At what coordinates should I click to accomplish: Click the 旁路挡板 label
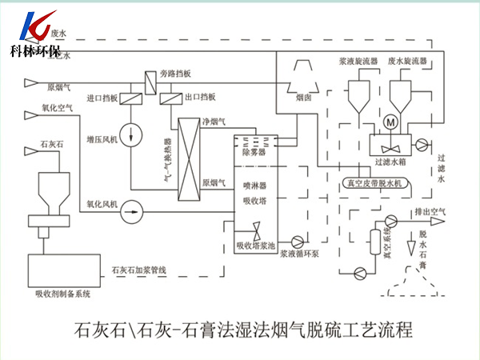click(175, 74)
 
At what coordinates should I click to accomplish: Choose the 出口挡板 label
click(199, 98)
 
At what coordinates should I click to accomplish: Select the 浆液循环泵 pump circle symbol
click(298, 239)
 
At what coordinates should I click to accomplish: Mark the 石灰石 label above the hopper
click(51, 148)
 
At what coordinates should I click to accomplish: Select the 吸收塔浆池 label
click(254, 246)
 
